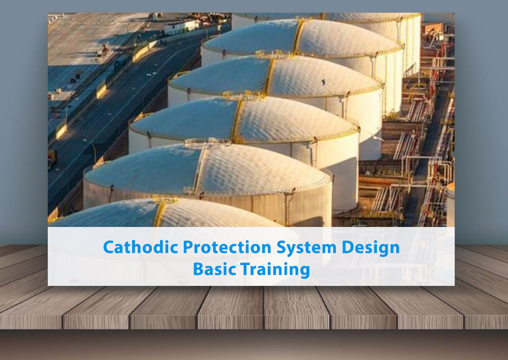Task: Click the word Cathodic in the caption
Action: pyautogui.click(x=133, y=247)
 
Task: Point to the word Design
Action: pyautogui.click(x=370, y=248)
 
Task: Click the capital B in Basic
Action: pyautogui.click(x=198, y=269)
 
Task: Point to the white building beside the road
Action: pyautogui.click(x=181, y=26)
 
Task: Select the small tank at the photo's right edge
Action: pyautogui.click(x=450, y=203)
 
